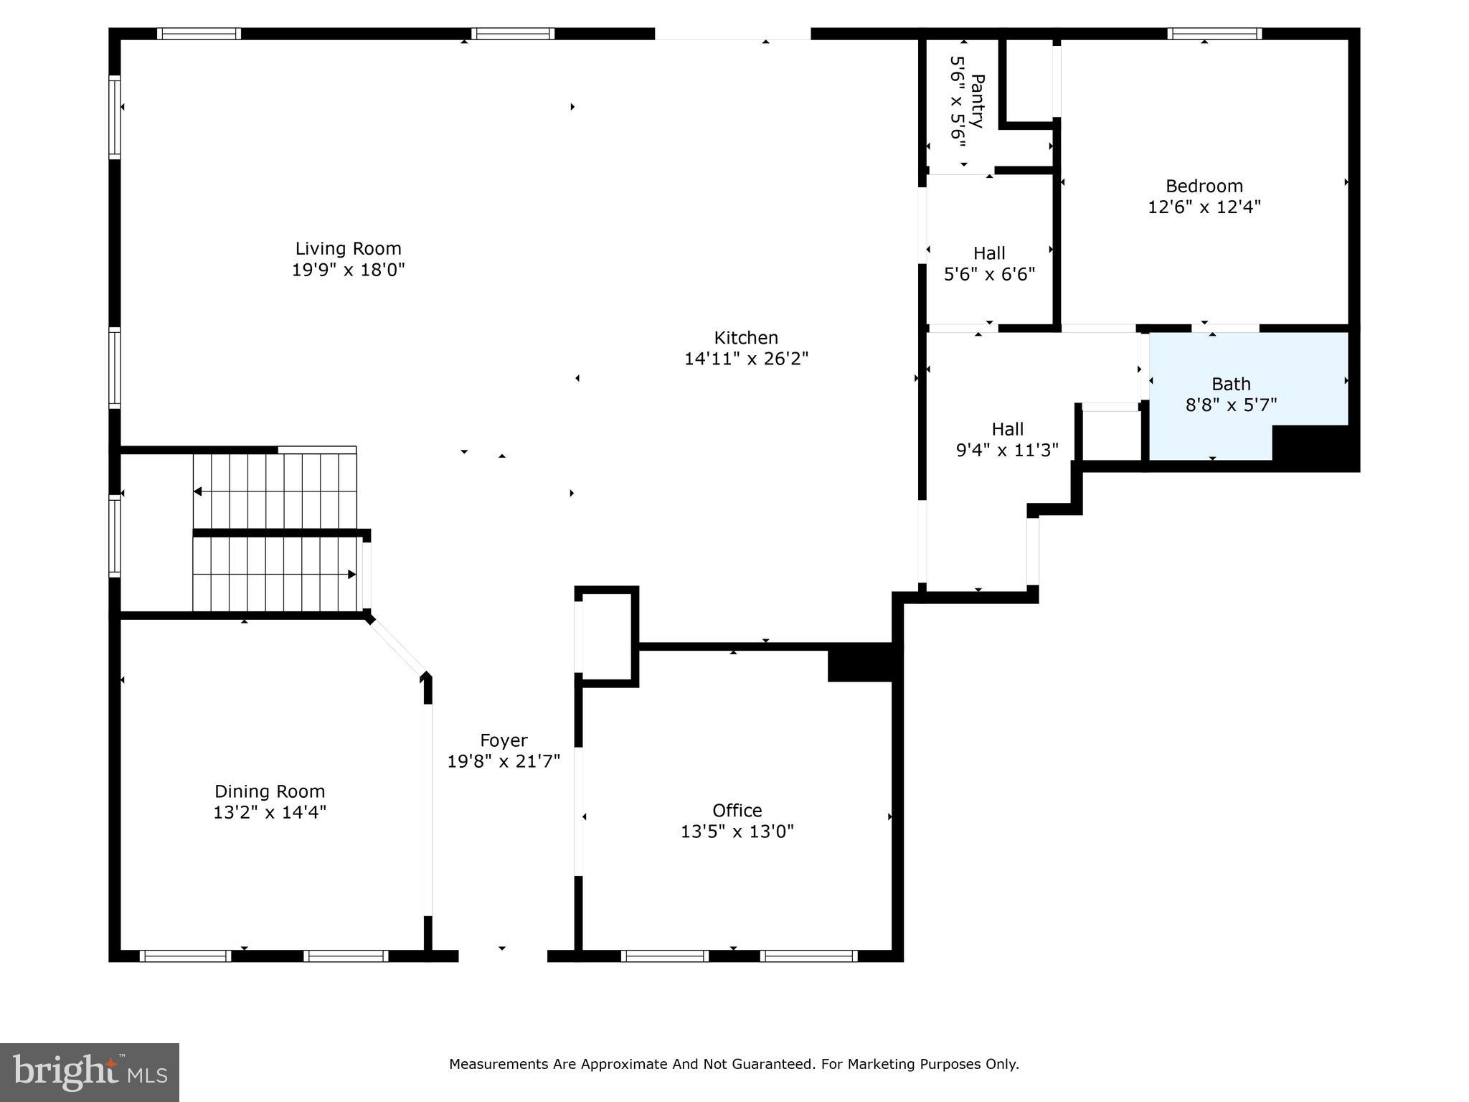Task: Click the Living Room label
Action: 348,249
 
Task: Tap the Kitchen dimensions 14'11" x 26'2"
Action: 746,359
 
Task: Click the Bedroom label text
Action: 1204,187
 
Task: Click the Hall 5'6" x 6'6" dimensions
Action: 989,274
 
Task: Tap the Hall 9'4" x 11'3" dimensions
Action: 1007,451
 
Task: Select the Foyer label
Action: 504,740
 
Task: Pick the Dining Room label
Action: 270,791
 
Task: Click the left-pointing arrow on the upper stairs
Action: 198,491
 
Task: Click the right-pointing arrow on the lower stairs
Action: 351,574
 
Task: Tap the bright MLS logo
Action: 89,1072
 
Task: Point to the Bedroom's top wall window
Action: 1214,34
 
